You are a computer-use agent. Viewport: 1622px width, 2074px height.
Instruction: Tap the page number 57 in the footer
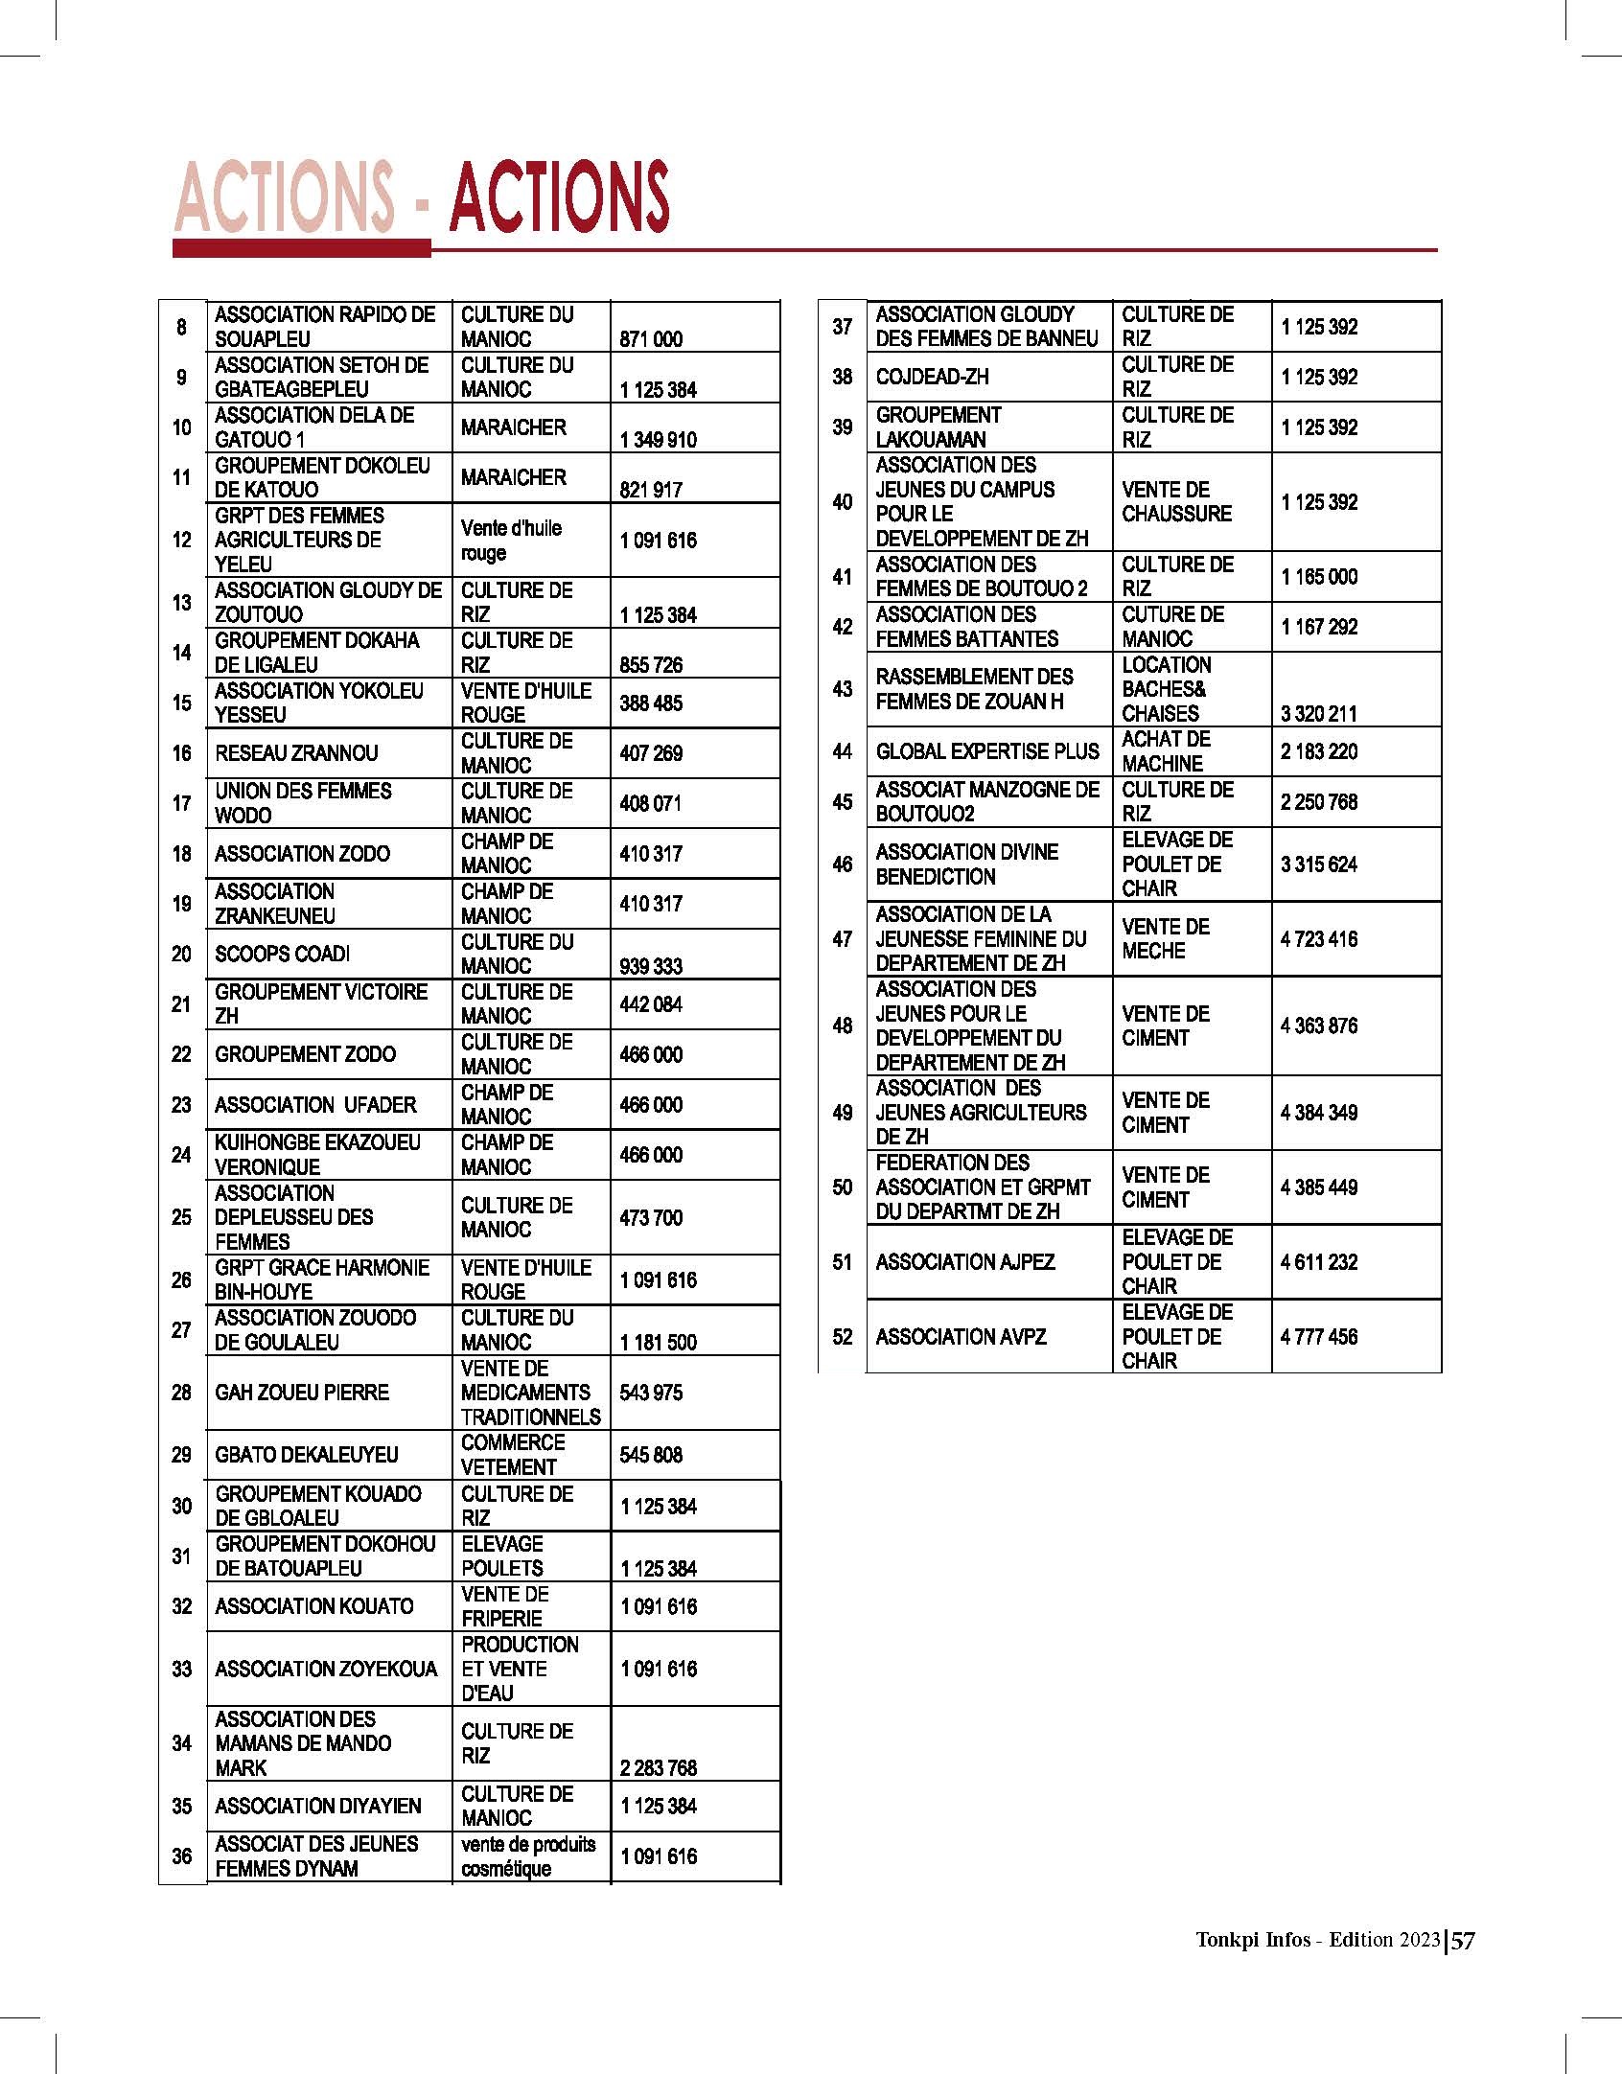[1463, 1941]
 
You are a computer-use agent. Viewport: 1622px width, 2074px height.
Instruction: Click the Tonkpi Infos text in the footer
[1253, 1940]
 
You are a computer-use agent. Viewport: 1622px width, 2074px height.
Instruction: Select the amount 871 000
[651, 339]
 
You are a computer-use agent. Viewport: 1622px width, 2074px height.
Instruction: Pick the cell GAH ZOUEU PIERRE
[302, 1393]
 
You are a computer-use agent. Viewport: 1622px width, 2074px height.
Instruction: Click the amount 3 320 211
[1318, 714]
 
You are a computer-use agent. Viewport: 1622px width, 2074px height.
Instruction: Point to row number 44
[843, 752]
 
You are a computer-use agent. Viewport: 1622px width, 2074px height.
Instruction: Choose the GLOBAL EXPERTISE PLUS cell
[987, 752]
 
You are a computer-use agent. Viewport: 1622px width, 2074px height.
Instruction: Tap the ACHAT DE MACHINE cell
[1167, 752]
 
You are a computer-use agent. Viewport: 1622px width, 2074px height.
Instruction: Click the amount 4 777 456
[1319, 1337]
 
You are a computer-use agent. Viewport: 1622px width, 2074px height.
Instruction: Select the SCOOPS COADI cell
[283, 955]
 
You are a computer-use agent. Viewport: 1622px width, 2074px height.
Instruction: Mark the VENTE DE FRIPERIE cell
[505, 1607]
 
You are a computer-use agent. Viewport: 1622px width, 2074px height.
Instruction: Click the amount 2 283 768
[659, 1768]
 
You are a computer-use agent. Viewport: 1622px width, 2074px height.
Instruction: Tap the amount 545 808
[651, 1455]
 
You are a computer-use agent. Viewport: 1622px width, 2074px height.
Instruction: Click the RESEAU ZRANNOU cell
[296, 753]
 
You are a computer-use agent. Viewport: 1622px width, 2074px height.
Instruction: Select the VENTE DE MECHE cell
[1166, 939]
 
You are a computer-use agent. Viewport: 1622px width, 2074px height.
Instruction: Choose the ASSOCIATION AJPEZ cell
[965, 1262]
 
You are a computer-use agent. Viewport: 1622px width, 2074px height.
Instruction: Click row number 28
[181, 1393]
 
